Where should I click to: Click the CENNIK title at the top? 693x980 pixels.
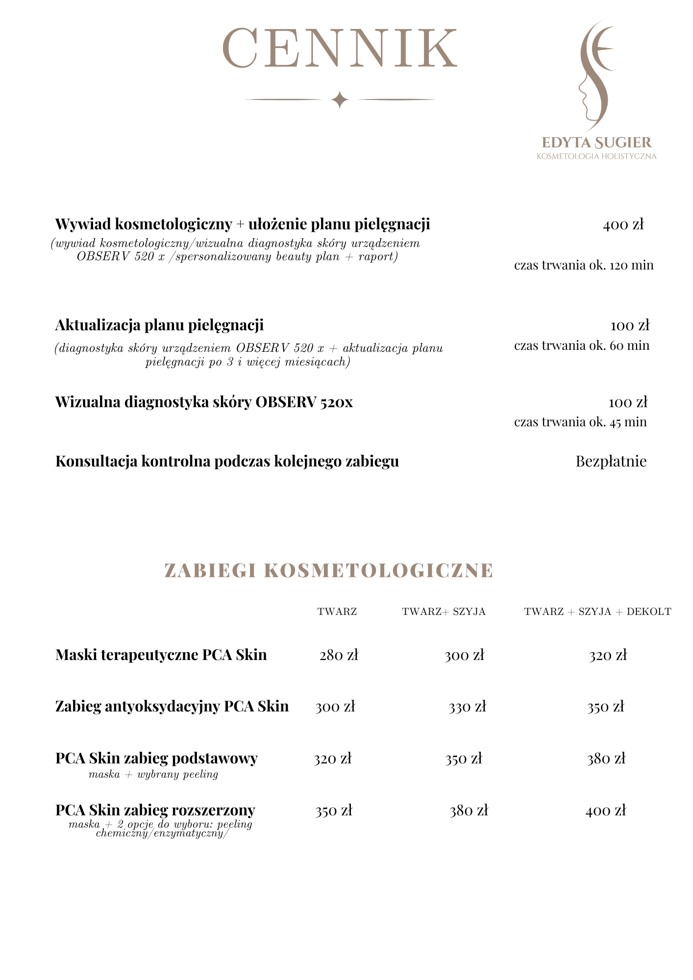pos(340,48)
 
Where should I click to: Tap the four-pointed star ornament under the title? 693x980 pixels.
pos(340,100)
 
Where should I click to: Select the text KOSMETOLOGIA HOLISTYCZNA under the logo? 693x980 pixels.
pos(596,156)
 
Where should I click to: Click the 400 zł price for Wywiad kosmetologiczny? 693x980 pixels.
pos(623,225)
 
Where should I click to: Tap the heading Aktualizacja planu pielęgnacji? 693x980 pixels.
pos(159,325)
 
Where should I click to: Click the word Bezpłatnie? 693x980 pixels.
pos(611,462)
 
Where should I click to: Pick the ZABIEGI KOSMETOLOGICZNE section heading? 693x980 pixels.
pos(328,571)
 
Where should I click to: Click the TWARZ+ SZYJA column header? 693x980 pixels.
pos(444,612)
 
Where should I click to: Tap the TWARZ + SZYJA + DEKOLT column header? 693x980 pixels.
pos(597,612)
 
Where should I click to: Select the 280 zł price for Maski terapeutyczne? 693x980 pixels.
pos(339,656)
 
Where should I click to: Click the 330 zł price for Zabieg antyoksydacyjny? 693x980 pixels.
pos(467,707)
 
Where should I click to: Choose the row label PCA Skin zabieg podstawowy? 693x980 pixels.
pos(156,759)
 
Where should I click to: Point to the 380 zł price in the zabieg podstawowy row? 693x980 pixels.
pos(606,759)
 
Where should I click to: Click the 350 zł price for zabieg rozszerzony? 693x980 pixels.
pos(334,811)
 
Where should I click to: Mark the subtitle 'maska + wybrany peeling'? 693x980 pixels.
pos(153,775)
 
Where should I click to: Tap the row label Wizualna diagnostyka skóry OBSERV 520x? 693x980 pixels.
pos(204,402)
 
